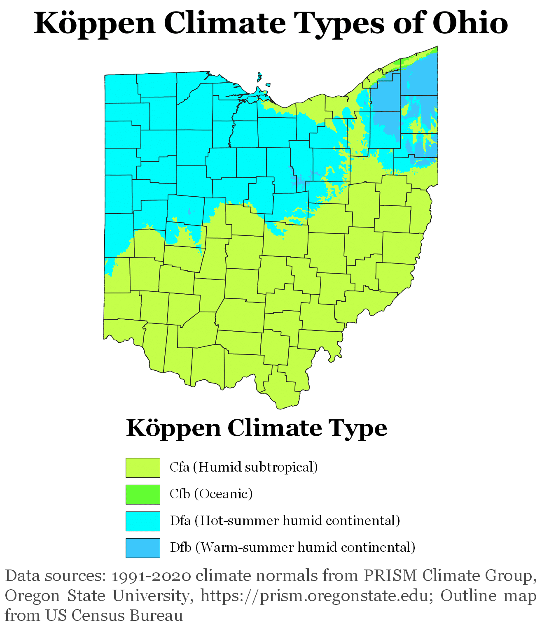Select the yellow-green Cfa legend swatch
(x=143, y=468)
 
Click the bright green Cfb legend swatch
(x=143, y=494)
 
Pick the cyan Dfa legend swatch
(x=143, y=521)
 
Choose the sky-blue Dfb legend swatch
(x=143, y=548)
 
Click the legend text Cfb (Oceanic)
(x=211, y=494)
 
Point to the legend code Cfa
(x=180, y=467)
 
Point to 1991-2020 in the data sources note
(x=151, y=576)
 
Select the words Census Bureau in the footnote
(x=127, y=616)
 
